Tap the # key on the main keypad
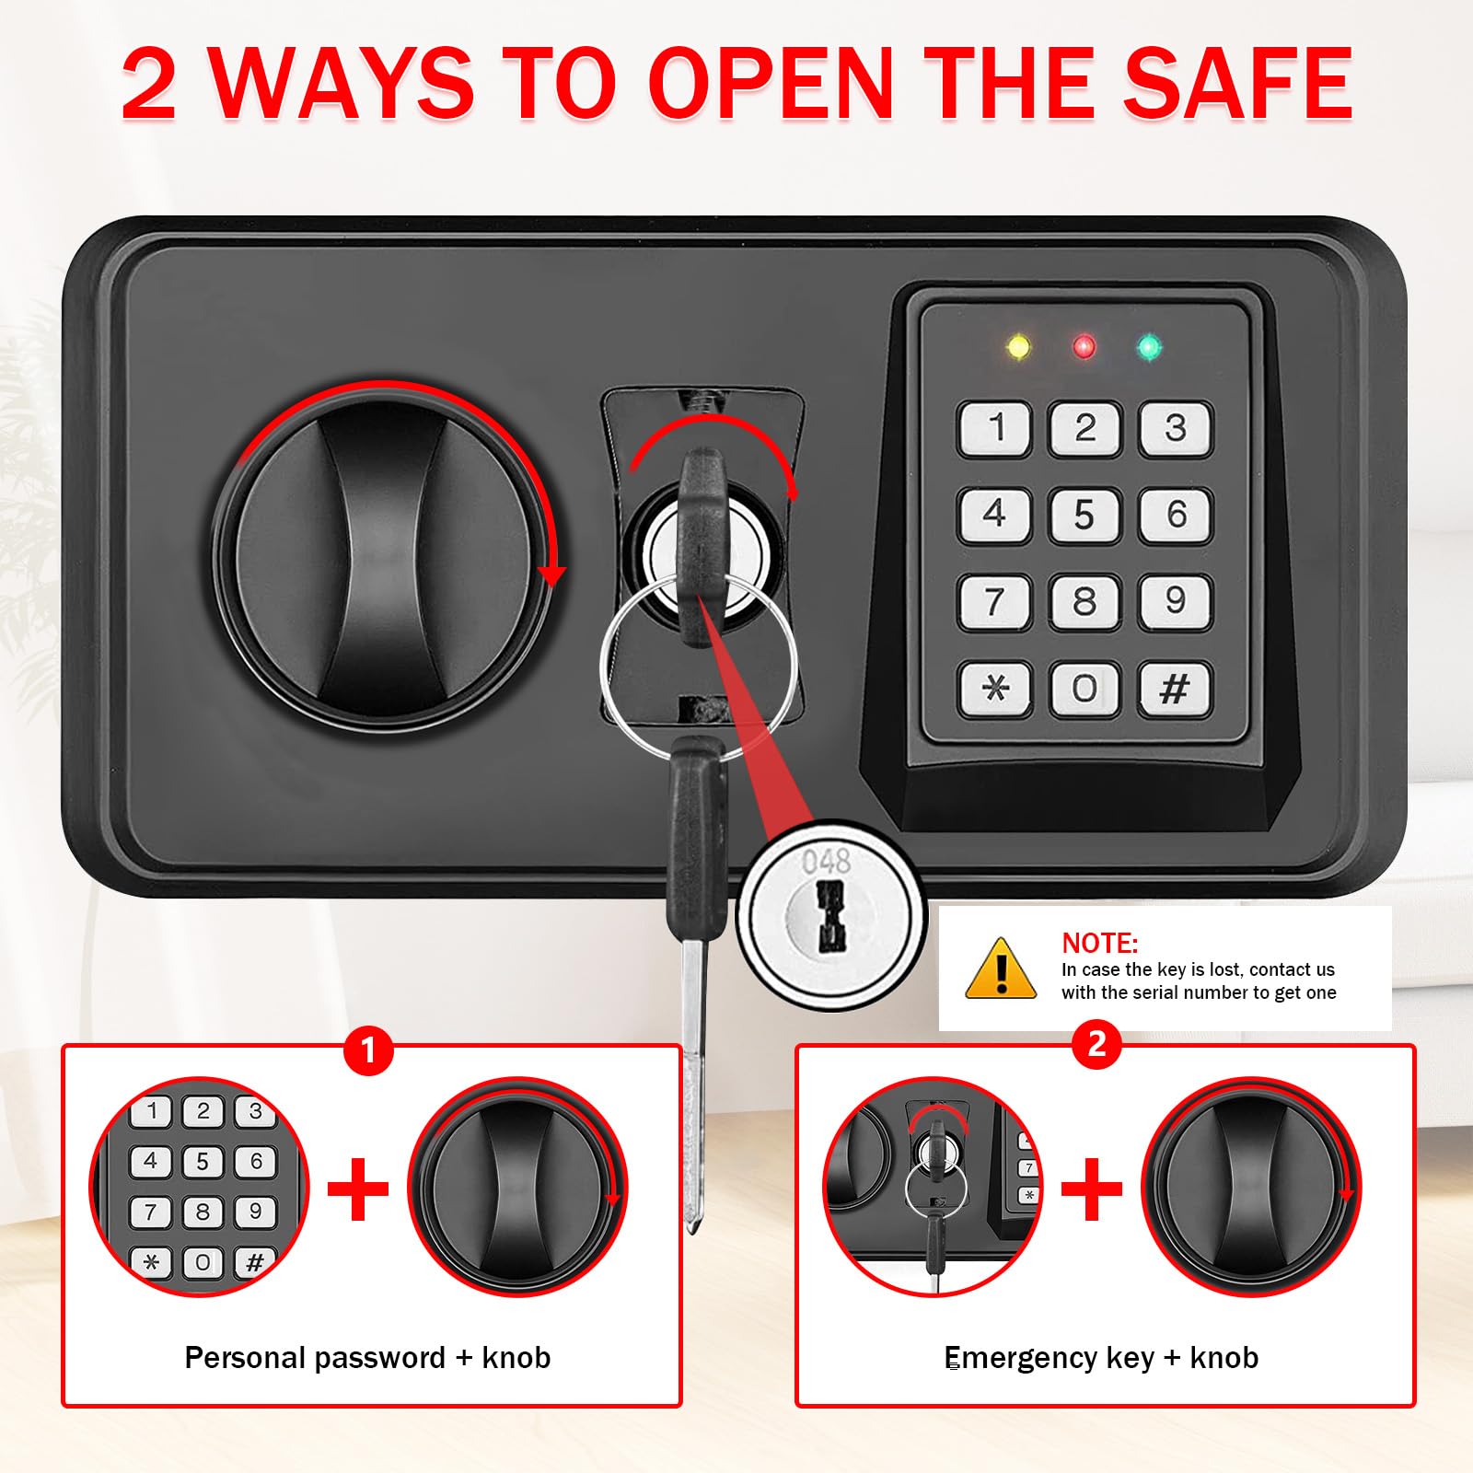(1175, 688)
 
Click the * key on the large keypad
(994, 688)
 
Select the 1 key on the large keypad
(994, 428)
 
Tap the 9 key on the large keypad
(1175, 601)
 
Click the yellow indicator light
(1019, 347)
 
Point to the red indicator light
(1084, 347)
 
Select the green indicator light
(1149, 347)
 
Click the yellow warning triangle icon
(1001, 968)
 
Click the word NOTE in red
(1100, 943)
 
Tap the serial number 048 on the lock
(826, 862)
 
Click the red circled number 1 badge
(368, 1050)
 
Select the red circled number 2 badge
(1096, 1044)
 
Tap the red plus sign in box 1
(357, 1189)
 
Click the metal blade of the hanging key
(693, 1086)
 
